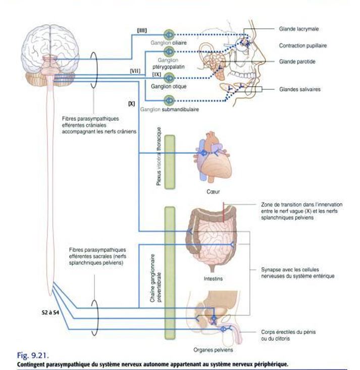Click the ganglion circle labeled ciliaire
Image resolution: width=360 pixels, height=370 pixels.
point(169,35)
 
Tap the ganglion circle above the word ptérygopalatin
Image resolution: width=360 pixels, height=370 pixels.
point(169,51)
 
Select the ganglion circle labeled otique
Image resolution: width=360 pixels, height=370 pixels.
point(169,78)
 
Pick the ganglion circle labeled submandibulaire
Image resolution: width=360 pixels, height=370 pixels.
point(169,100)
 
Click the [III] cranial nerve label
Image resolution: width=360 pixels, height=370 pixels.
point(142,30)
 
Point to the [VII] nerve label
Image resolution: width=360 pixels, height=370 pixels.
point(135,71)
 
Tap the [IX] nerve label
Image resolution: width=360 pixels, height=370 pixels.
point(157,74)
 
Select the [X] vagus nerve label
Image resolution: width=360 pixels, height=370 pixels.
point(131,103)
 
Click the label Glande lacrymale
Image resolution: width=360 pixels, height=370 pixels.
point(299,29)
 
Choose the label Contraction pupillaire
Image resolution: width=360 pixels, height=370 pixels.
point(303,45)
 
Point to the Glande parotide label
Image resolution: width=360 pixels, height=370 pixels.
point(297,62)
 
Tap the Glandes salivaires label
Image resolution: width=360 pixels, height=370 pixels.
point(300,89)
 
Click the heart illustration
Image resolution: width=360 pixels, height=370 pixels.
point(213,156)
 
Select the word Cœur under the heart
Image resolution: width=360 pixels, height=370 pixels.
point(213,192)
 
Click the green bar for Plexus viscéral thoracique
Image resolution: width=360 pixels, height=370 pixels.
point(170,162)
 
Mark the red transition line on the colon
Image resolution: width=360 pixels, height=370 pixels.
point(223,212)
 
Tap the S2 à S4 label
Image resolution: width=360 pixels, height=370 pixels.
point(50,312)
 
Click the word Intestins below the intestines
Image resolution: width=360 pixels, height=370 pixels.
point(213,279)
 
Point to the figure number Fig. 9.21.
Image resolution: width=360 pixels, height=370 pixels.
point(33,355)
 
